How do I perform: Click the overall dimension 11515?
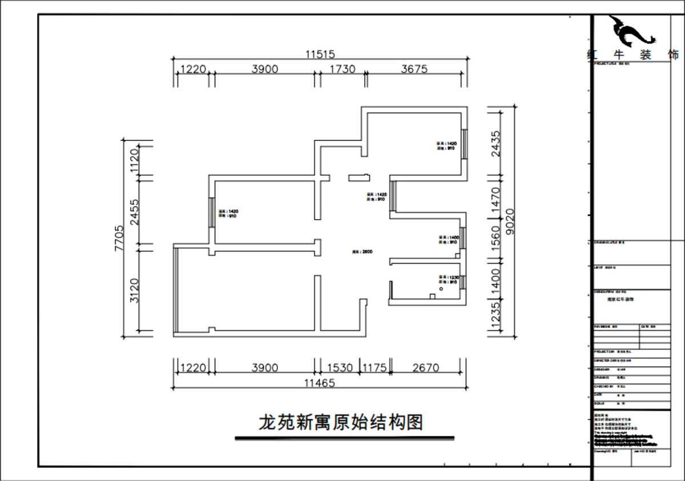pos(319,54)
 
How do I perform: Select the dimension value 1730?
pos(341,69)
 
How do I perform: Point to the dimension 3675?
pos(414,69)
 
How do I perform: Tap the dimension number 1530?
pos(339,367)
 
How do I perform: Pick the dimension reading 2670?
pos(425,367)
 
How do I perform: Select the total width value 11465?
pos(319,383)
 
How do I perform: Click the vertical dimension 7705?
pos(119,238)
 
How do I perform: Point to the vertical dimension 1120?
pos(135,160)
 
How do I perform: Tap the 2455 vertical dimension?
pos(135,212)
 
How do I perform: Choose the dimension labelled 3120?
pos(135,290)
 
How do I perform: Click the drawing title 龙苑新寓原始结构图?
pos(341,423)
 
